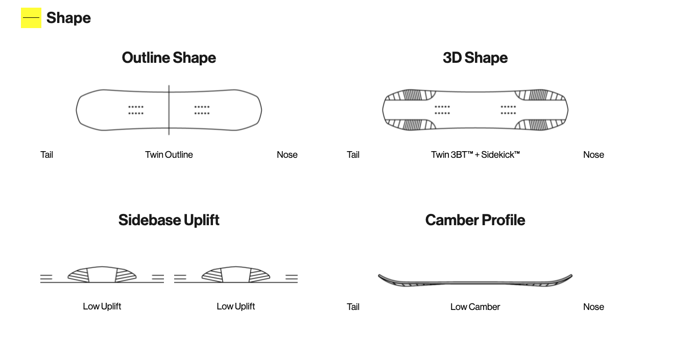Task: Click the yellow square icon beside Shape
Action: [x=31, y=18]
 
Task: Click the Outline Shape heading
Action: [x=169, y=58]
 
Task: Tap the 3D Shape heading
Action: [x=475, y=58]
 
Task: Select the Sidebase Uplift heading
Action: [x=169, y=220]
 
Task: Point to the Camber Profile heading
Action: [x=475, y=220]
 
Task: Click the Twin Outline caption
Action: [x=169, y=155]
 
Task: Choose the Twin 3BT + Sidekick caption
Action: [x=475, y=155]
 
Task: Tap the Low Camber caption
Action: [x=475, y=307]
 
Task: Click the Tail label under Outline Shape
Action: [x=46, y=155]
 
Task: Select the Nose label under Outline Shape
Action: [x=287, y=155]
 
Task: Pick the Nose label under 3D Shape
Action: [x=594, y=155]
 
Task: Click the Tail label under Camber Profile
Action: [x=353, y=307]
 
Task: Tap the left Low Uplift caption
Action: [x=102, y=306]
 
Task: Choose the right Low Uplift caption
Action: [x=236, y=306]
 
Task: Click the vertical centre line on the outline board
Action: [x=169, y=110]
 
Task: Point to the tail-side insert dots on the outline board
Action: [x=136, y=110]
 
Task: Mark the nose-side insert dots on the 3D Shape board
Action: [x=508, y=110]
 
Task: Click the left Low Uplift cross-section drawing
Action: [x=102, y=275]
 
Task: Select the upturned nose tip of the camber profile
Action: [x=571, y=275]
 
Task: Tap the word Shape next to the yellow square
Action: [x=68, y=18]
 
